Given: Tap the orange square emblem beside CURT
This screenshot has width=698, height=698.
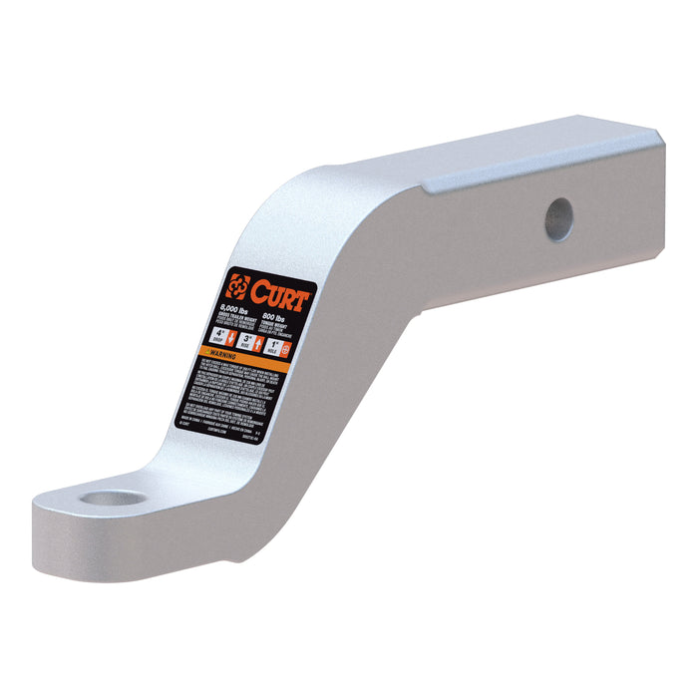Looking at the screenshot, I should point(237,285).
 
